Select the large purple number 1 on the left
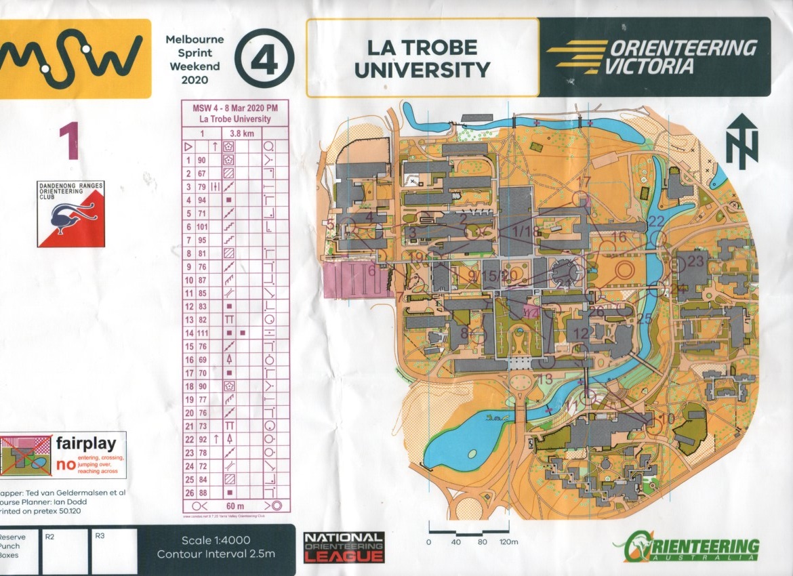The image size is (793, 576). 69,140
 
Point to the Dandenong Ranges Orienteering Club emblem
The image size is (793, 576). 71,215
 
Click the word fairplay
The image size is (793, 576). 85,445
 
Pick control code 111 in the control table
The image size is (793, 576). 203,333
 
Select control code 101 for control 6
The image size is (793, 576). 203,226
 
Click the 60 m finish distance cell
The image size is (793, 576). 236,506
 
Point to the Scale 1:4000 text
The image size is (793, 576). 216,540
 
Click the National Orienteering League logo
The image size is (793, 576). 344,547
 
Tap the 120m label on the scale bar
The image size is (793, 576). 508,542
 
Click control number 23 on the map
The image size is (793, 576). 695,261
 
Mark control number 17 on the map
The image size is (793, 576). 584,182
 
